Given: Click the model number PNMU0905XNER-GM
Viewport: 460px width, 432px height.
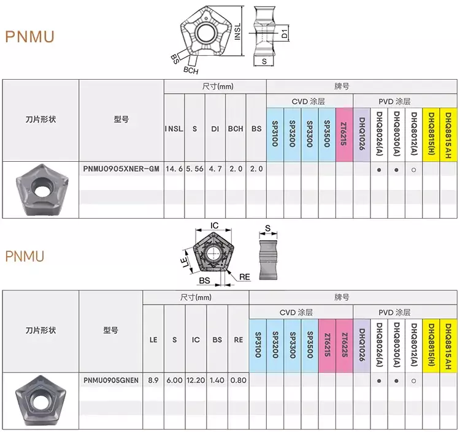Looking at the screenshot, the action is coord(121,169).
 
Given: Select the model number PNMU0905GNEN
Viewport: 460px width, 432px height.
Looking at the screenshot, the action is coord(111,380).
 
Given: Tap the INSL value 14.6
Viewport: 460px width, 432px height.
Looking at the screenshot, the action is coord(174,169).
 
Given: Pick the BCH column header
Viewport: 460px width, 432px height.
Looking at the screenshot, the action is coord(236,129).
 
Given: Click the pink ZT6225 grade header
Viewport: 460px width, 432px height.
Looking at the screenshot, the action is coord(344,345).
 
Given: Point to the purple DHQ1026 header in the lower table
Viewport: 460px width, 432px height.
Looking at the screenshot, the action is coord(362,344).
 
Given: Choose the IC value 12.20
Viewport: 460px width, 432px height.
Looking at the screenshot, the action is coord(196,380).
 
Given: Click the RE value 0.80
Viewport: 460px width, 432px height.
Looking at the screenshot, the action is coord(238,380).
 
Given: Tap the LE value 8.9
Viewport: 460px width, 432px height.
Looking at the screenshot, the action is coord(153,380).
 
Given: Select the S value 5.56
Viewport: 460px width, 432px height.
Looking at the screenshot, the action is coord(194,169).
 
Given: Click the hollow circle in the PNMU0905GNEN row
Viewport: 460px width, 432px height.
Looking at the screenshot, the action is coord(413,381).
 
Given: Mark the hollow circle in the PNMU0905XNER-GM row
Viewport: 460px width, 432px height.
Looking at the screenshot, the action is coord(413,170).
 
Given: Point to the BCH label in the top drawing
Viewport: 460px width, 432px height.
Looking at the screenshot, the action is coord(191,70).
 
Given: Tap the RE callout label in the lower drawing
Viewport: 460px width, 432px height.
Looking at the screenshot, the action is coord(245,277).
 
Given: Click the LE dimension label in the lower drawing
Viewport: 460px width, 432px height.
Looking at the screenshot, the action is coord(185,262).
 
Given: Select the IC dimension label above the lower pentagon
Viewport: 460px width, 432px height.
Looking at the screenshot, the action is coord(214,225).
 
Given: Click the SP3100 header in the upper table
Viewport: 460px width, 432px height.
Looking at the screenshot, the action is coord(275,134).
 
